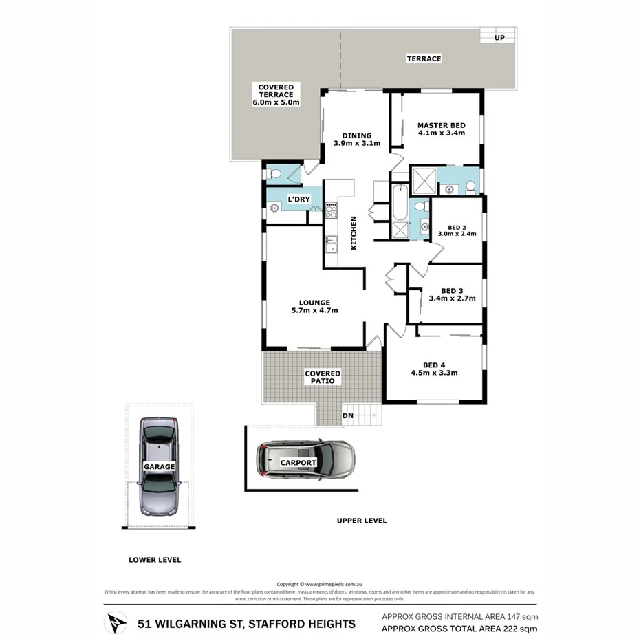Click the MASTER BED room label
click(441, 125)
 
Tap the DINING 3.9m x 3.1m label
click(352, 140)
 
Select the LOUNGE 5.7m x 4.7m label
click(314, 306)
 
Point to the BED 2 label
click(457, 228)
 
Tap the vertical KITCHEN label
click(354, 232)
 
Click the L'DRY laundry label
click(299, 199)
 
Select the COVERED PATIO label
click(323, 377)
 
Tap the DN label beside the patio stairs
click(348, 416)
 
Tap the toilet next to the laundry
click(274, 174)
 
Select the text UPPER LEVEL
click(362, 521)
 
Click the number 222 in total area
click(500, 629)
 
